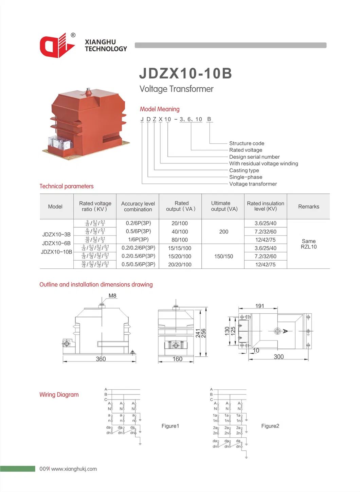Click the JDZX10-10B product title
[185, 73]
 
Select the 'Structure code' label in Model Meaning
[247, 143]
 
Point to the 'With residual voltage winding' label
[264, 163]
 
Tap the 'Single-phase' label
[246, 177]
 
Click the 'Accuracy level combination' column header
[138, 206]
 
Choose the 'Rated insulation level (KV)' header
[265, 206]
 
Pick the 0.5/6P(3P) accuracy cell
[138, 231]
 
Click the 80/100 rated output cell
[180, 240]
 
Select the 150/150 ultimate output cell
[223, 257]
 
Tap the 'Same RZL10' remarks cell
[308, 244]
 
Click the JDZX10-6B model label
[56, 243]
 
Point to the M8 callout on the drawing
[112, 296]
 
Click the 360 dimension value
[101, 359]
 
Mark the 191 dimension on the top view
[259, 306]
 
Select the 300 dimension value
[278, 357]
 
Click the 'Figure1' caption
[170, 426]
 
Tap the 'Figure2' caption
[270, 426]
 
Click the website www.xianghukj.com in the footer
[74, 469]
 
